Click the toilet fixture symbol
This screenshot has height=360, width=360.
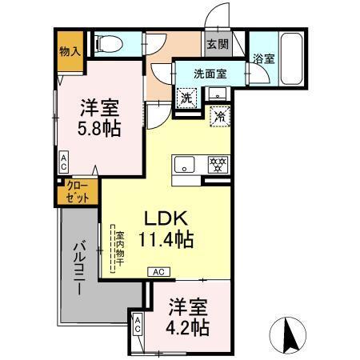[103, 45]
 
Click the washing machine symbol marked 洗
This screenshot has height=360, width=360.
[186, 97]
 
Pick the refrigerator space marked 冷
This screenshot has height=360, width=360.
[218, 115]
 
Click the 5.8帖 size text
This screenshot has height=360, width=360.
[100, 128]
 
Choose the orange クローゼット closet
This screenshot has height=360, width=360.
[78, 192]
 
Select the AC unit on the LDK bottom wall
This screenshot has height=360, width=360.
[158, 272]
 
